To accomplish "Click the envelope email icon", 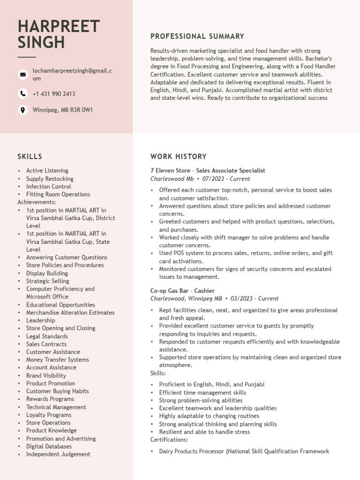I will coord(22,75).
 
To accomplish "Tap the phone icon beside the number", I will coord(22,94).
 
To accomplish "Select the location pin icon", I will coord(22,110).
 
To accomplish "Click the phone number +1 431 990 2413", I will coord(54,94).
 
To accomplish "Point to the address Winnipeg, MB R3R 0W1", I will coord(63,110).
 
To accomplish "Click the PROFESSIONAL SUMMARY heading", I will coord(197,37).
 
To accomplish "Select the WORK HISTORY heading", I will coord(178,157).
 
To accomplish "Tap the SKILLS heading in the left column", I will coord(30,157).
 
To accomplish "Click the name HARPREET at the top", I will coord(59,27).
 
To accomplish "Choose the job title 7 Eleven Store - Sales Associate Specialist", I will coord(208,171).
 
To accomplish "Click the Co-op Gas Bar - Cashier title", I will coord(182,291).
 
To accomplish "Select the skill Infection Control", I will coord(49,187).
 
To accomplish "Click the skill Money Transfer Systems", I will coord(57,360).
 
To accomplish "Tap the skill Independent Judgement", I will coord(58,454).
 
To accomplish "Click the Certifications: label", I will coord(169,440).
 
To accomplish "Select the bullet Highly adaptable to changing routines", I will coord(210,416).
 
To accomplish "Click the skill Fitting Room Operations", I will coord(58,194).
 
